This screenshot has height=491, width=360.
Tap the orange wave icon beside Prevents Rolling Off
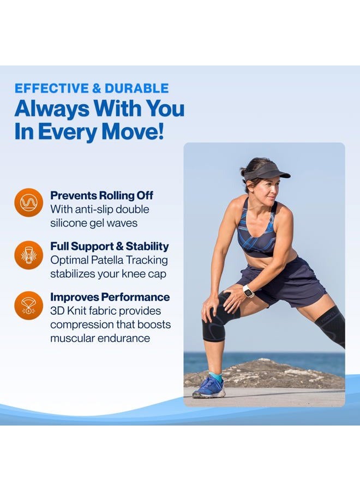[29, 202]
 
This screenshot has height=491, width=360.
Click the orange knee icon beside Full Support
[29, 254]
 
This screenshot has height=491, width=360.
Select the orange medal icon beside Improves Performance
[29, 306]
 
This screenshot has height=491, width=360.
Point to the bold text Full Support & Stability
[109, 246]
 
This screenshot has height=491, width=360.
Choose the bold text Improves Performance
[110, 297]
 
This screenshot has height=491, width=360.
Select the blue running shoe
[209, 388]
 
